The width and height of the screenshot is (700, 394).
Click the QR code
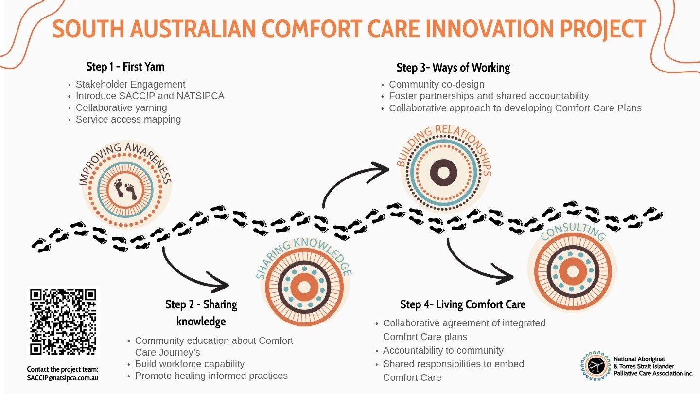pyautogui.click(x=63, y=322)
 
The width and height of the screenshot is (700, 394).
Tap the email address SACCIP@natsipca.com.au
pyautogui.click(x=63, y=378)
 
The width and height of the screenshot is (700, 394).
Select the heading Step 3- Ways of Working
pyautogui.click(x=453, y=68)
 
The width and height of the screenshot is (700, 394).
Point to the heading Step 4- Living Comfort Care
pyautogui.click(x=463, y=305)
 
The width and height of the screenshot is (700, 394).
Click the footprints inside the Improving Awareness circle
pyautogui.click(x=125, y=189)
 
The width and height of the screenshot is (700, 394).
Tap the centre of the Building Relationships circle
pyautogui.click(x=444, y=172)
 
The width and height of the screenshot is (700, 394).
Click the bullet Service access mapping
pyautogui.click(x=128, y=119)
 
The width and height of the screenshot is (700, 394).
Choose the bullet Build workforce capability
pyautogui.click(x=190, y=364)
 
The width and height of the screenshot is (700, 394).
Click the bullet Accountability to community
pyautogui.click(x=443, y=350)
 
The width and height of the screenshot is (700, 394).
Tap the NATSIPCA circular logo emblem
pyautogui.click(x=595, y=366)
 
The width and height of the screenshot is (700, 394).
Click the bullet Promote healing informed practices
pyautogui.click(x=211, y=376)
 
